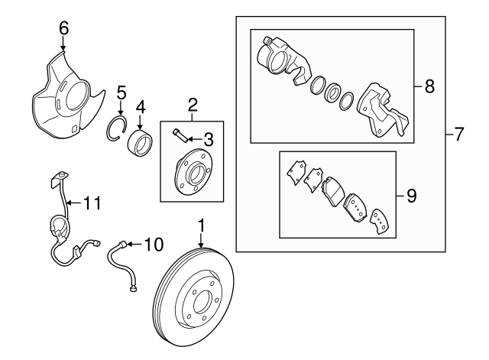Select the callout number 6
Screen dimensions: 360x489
click(64, 28)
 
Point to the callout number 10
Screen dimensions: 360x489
click(154, 245)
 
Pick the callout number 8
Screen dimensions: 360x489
click(429, 87)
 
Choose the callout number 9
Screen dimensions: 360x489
click(411, 196)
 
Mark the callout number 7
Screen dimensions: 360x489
click(458, 136)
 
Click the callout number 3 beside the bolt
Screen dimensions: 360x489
click(209, 138)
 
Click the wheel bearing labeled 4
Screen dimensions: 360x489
click(140, 142)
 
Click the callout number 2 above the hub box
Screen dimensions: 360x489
click(193, 103)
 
